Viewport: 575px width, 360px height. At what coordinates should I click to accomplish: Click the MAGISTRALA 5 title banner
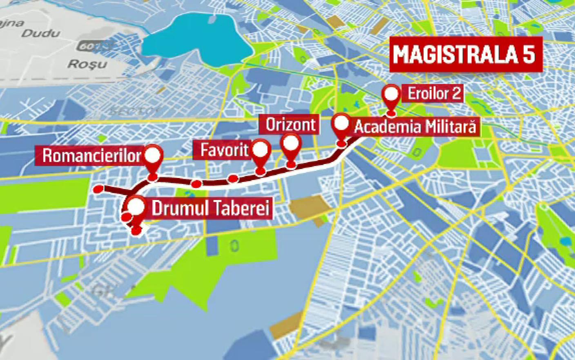pos(466,55)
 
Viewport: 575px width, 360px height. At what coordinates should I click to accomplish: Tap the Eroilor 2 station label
pos(435,94)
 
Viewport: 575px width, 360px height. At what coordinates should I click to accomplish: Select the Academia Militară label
pos(415,127)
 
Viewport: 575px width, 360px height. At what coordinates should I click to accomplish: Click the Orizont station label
pos(291,125)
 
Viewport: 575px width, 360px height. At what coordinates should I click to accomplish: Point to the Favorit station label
pos(224,150)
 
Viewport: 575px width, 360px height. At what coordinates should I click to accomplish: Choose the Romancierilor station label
pos(91,156)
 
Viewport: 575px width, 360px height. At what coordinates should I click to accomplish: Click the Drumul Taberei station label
pos(211,209)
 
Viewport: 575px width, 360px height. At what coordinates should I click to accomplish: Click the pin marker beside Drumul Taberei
pos(136,207)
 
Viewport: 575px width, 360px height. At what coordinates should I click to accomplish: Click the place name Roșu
pos(87,64)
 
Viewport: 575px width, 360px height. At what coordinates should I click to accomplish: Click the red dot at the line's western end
pos(98,189)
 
